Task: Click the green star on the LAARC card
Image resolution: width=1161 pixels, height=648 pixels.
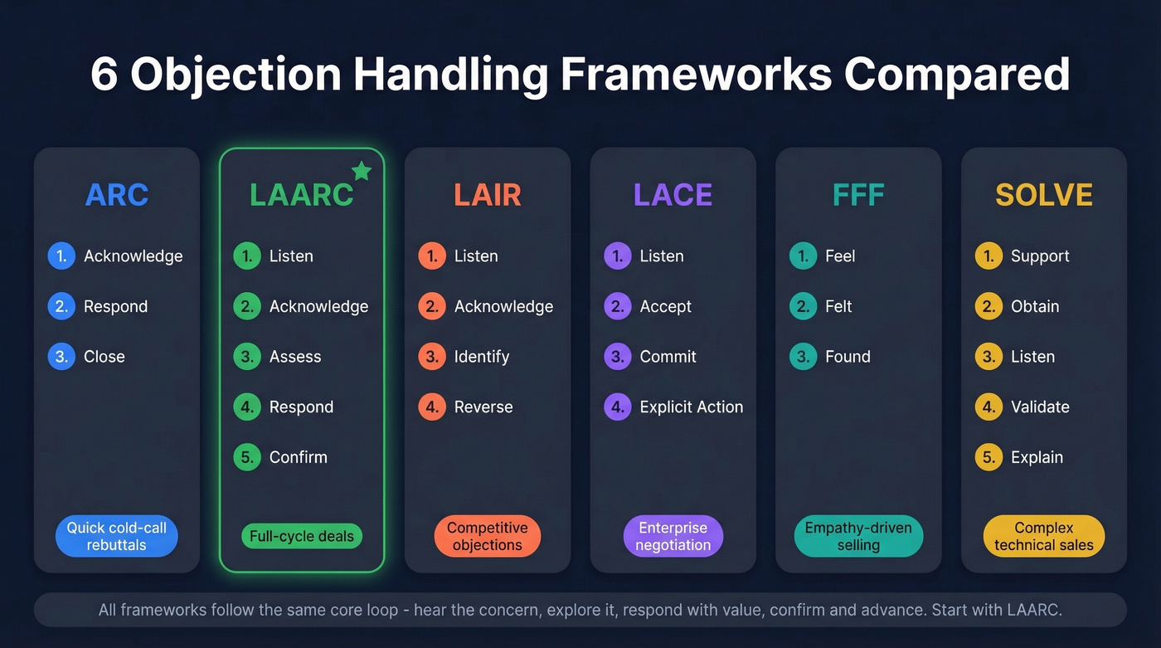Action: pyautogui.click(x=362, y=171)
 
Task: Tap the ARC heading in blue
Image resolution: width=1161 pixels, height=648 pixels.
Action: pyautogui.click(x=117, y=195)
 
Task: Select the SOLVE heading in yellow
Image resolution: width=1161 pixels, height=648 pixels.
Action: pyautogui.click(x=1043, y=195)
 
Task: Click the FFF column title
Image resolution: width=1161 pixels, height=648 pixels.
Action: pyautogui.click(x=858, y=195)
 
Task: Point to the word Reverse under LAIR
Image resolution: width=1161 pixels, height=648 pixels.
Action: pyautogui.click(x=483, y=407)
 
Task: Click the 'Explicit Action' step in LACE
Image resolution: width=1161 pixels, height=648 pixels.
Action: pyautogui.click(x=691, y=407)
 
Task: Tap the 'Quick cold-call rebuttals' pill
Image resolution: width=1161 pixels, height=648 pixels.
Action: pyautogui.click(x=117, y=537)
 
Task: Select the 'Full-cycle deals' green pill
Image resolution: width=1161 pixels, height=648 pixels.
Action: pyautogui.click(x=302, y=537)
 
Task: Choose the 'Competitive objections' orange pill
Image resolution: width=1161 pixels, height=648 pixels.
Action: pyautogui.click(x=488, y=537)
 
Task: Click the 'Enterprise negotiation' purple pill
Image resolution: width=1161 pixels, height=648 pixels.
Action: pyautogui.click(x=673, y=537)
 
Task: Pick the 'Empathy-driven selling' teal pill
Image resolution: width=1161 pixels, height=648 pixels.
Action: pyautogui.click(x=858, y=537)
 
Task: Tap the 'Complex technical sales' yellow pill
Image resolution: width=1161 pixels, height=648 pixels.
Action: pyautogui.click(x=1043, y=537)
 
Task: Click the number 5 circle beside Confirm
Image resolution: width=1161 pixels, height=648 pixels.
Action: pyautogui.click(x=247, y=457)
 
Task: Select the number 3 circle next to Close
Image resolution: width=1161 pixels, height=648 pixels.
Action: pyautogui.click(x=61, y=357)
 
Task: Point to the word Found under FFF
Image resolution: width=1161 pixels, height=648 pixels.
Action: pyautogui.click(x=848, y=357)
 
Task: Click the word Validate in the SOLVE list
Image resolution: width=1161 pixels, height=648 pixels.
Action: pyautogui.click(x=1040, y=407)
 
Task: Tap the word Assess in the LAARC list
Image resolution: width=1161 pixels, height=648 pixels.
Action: pyautogui.click(x=295, y=357)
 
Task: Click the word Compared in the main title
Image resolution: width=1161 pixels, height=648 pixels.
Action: pyautogui.click(x=957, y=75)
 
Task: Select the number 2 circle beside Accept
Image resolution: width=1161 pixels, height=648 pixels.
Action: pyautogui.click(x=618, y=306)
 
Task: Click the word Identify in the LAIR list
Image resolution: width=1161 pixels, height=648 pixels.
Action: pyautogui.click(x=482, y=357)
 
